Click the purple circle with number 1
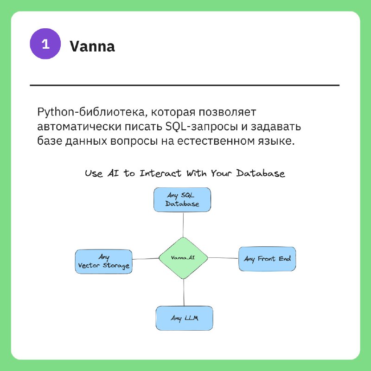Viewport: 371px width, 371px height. pos(45,44)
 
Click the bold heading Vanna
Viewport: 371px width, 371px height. pos(92,46)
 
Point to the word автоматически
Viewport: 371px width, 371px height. pos(79,127)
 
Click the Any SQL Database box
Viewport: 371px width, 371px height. pos(182,200)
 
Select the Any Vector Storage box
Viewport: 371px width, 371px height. pos(103,262)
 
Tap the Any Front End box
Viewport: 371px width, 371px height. pos(267,259)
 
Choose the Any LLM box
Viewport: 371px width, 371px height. pos(184,318)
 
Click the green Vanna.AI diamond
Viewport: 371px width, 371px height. pos(183,258)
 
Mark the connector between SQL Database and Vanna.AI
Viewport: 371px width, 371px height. pos(183,224)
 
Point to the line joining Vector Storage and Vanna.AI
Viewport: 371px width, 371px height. pos(145,259)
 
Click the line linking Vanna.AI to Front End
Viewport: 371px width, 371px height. pos(223,258)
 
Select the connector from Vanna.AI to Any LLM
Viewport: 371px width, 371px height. pos(184,293)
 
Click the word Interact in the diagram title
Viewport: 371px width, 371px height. pos(160,173)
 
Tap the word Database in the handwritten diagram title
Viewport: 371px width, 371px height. pos(261,173)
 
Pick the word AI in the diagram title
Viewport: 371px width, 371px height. pos(113,173)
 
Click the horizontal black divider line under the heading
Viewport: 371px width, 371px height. pos(185,85)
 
